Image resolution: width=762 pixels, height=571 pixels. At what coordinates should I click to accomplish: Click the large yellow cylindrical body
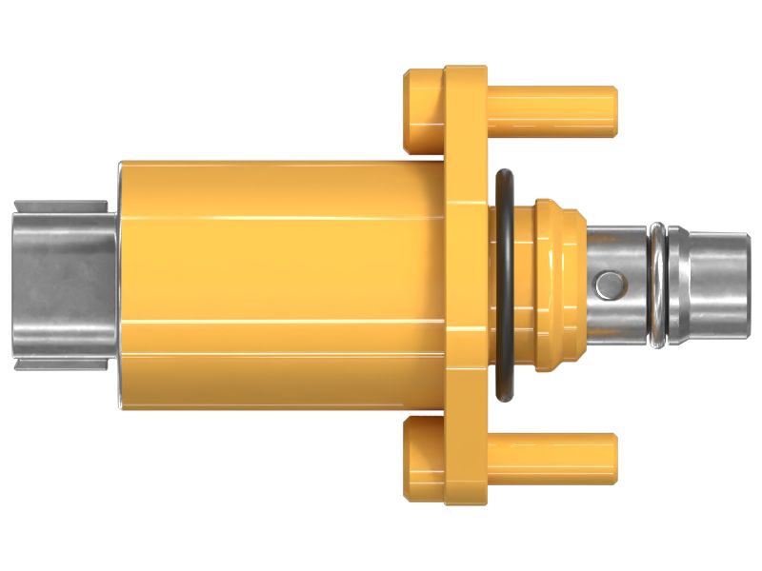coord(276,285)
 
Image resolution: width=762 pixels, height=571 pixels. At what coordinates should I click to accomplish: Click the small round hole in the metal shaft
coord(607,283)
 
